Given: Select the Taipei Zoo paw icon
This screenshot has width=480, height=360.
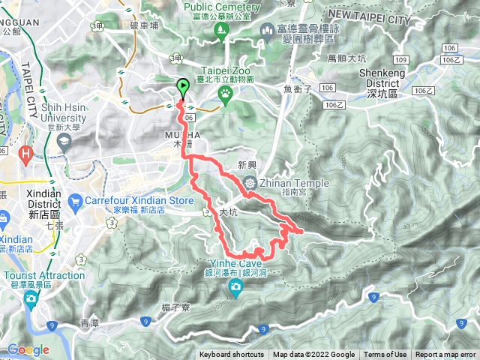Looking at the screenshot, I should pyautogui.click(x=225, y=92).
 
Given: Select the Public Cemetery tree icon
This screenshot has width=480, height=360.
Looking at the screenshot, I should pyautogui.click(x=220, y=30).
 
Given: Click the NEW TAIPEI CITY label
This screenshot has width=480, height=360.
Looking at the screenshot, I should pyautogui.click(x=388, y=13).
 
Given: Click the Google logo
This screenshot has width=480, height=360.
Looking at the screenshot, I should pyautogui.click(x=28, y=349).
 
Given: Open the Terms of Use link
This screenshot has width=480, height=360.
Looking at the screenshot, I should pyautogui.click(x=385, y=355).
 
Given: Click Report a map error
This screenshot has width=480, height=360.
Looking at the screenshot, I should pyautogui.click(x=447, y=355).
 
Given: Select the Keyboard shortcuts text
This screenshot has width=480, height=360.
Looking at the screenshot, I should pyautogui.click(x=232, y=355).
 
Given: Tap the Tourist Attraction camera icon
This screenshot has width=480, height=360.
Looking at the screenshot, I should pyautogui.click(x=31, y=300).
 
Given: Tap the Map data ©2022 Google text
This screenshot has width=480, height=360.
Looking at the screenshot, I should pyautogui.click(x=313, y=355).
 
